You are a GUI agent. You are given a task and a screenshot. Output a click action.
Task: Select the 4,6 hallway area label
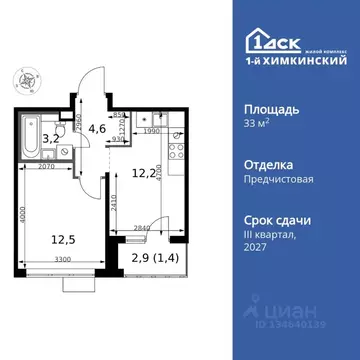point(97,128)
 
